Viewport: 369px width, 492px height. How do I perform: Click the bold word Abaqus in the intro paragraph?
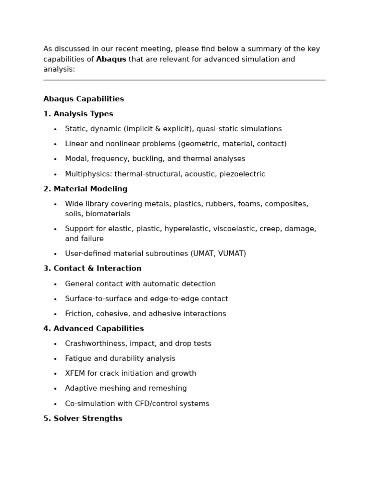pyautogui.click(x=111, y=59)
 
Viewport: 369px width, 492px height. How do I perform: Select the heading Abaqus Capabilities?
pyautogui.click(x=84, y=99)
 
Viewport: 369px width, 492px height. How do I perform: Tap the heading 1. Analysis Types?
pyautogui.click(x=78, y=114)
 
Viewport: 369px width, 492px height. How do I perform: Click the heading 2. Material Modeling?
pyautogui.click(x=86, y=189)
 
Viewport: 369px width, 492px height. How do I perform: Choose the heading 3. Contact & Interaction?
pyautogui.click(x=92, y=269)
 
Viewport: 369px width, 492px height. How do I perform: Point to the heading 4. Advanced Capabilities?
pyautogui.click(x=94, y=329)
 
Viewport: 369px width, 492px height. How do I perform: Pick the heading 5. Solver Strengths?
pyautogui.click(x=83, y=418)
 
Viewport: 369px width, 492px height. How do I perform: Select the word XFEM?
pyautogui.click(x=75, y=373)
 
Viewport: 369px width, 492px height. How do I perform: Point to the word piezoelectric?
pyautogui.click(x=242, y=174)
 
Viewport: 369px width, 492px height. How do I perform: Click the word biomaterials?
pyautogui.click(x=108, y=214)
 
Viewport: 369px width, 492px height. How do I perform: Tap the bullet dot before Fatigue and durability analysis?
pyautogui.click(x=55, y=359)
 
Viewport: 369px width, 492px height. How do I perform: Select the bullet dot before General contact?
pyautogui.click(x=55, y=284)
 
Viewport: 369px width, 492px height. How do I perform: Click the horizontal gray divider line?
pyautogui.click(x=184, y=80)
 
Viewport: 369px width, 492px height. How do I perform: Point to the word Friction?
pyautogui.click(x=79, y=314)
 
